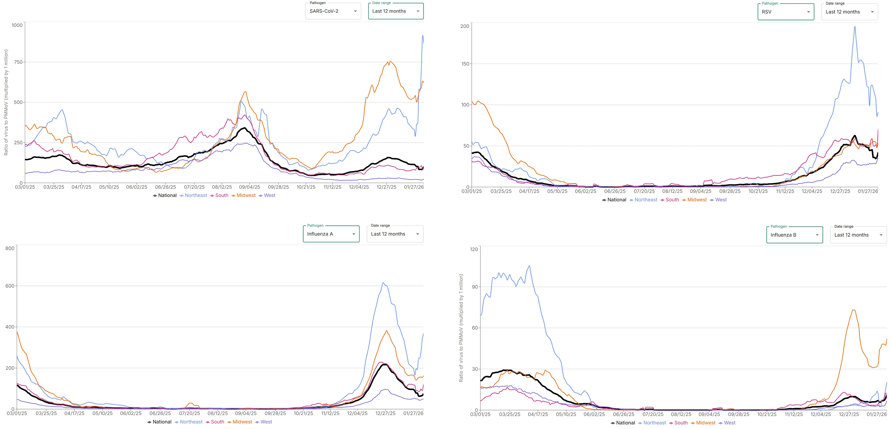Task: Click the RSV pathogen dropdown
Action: coord(785,12)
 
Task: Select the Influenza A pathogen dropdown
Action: coord(331,234)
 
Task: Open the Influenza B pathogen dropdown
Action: coord(794,235)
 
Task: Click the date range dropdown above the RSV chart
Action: coord(849,12)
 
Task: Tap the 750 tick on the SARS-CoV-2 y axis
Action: coord(18,62)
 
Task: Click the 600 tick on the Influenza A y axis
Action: coord(10,286)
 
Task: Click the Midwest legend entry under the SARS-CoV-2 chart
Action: coord(245,195)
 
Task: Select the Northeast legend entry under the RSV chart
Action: coord(646,200)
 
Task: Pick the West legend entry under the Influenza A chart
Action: coord(266,422)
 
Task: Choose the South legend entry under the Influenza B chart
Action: coord(681,423)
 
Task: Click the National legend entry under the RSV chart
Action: coord(616,200)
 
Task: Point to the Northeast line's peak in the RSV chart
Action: coord(855,27)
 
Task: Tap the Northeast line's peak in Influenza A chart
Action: coord(383,283)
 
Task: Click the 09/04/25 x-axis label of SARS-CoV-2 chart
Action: coord(249,187)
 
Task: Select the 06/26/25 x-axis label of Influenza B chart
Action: coord(623,414)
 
